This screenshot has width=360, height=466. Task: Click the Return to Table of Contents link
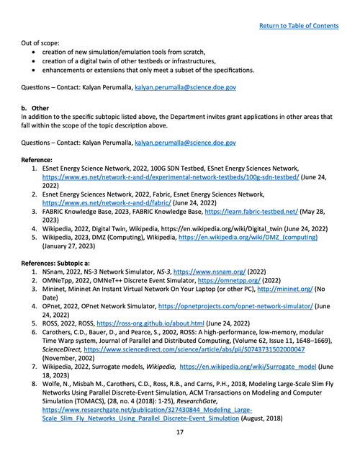[x=299, y=26]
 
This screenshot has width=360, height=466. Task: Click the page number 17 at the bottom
[x=180, y=454]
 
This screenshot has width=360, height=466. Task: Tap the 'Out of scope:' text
[x=45, y=42]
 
